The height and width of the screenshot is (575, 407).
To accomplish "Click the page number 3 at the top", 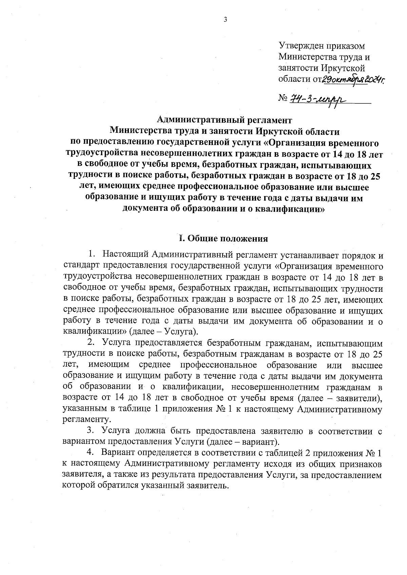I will click(225, 20).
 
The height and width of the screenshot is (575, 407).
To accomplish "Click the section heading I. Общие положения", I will click(224, 239).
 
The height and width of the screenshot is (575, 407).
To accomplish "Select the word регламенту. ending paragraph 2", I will click(87, 420).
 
